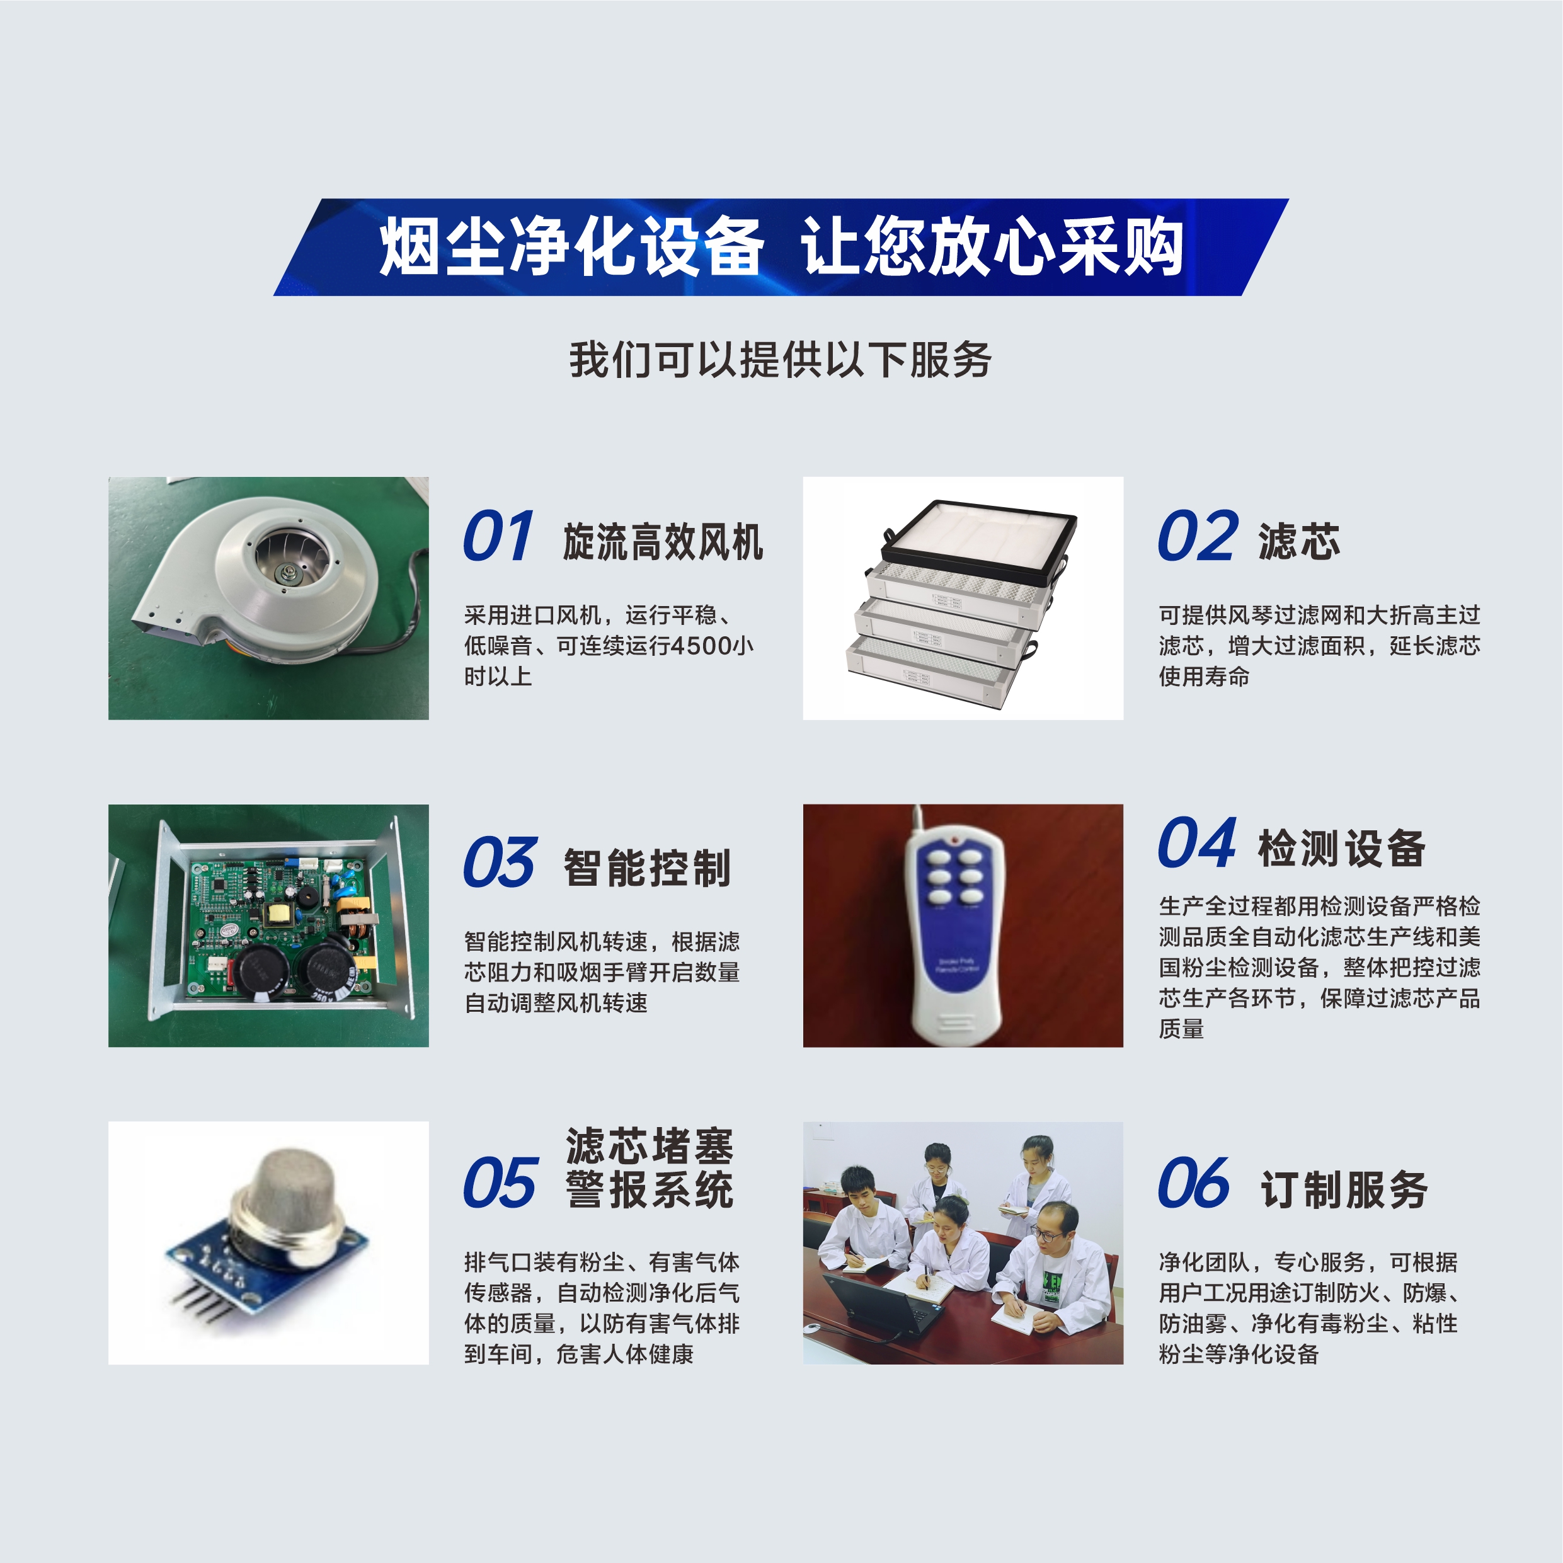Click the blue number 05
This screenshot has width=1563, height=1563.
coord(499,1182)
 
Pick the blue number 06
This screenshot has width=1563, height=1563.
coord(1193,1182)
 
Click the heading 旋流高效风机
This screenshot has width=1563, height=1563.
coord(663,541)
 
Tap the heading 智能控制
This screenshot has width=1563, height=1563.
coord(647,868)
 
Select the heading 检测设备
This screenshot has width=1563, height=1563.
coord(1341,849)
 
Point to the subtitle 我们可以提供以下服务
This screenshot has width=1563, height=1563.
coord(781,360)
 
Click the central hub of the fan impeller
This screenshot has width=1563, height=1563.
coord(285,575)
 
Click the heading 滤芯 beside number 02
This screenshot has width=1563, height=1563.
coord(1298,541)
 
